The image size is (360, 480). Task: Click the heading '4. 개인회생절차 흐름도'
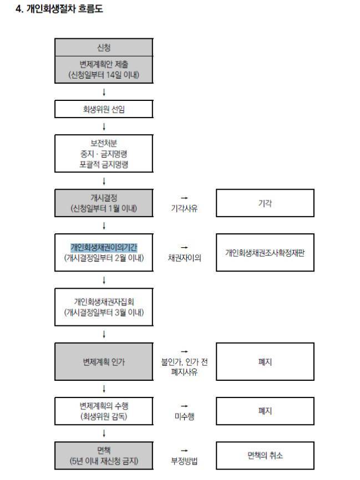point(59,9)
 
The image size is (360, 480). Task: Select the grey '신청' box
point(104,48)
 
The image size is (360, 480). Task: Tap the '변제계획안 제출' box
point(104,69)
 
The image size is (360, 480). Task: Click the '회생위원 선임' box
point(104,109)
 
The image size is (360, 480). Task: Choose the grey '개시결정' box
point(104,203)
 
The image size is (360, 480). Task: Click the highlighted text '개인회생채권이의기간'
point(104,247)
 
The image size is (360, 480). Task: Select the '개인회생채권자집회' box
point(104,308)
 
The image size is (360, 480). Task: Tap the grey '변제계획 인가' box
point(104,362)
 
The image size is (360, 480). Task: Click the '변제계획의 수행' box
point(104,411)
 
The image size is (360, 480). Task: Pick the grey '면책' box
point(104,455)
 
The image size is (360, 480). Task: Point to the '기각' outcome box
point(265,203)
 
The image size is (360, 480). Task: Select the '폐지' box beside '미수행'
point(265,411)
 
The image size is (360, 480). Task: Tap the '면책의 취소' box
point(265,455)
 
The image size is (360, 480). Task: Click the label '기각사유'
point(184,209)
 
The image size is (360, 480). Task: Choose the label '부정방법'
point(184,461)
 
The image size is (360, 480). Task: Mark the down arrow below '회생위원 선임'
point(104,127)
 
